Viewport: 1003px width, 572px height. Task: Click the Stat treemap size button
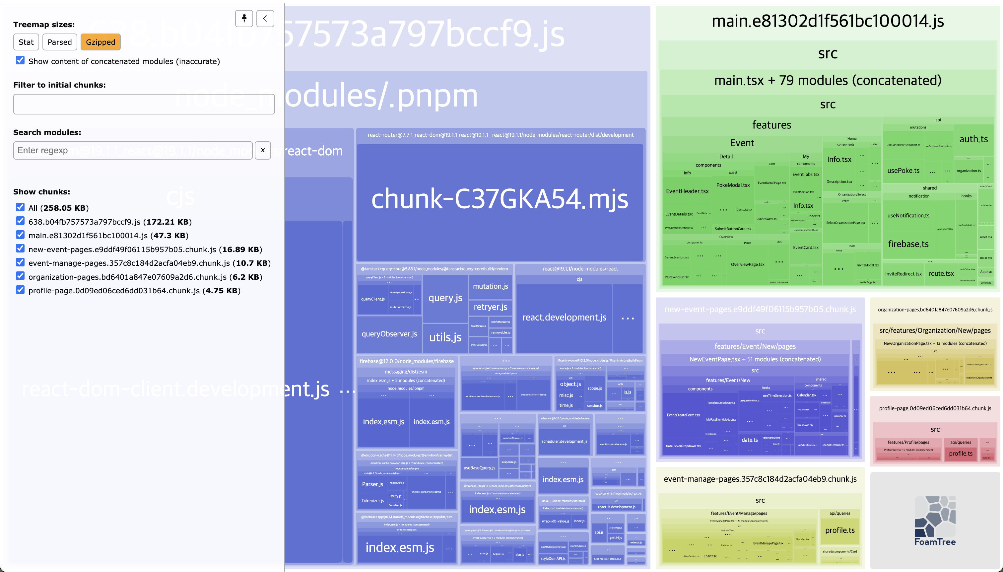26,42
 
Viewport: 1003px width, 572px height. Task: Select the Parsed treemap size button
59,42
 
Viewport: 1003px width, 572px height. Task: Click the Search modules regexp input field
133,150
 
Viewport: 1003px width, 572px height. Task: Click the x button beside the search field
263,150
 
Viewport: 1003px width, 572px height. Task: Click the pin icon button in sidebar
244,19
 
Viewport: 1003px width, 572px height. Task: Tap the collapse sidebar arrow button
265,19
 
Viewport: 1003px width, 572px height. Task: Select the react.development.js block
564,318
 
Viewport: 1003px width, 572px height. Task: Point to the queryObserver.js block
389,334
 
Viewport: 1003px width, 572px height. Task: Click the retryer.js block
490,307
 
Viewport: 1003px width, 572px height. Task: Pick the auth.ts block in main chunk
973,139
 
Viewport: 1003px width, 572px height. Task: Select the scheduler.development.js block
564,442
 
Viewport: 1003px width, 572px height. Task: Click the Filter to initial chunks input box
144,104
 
